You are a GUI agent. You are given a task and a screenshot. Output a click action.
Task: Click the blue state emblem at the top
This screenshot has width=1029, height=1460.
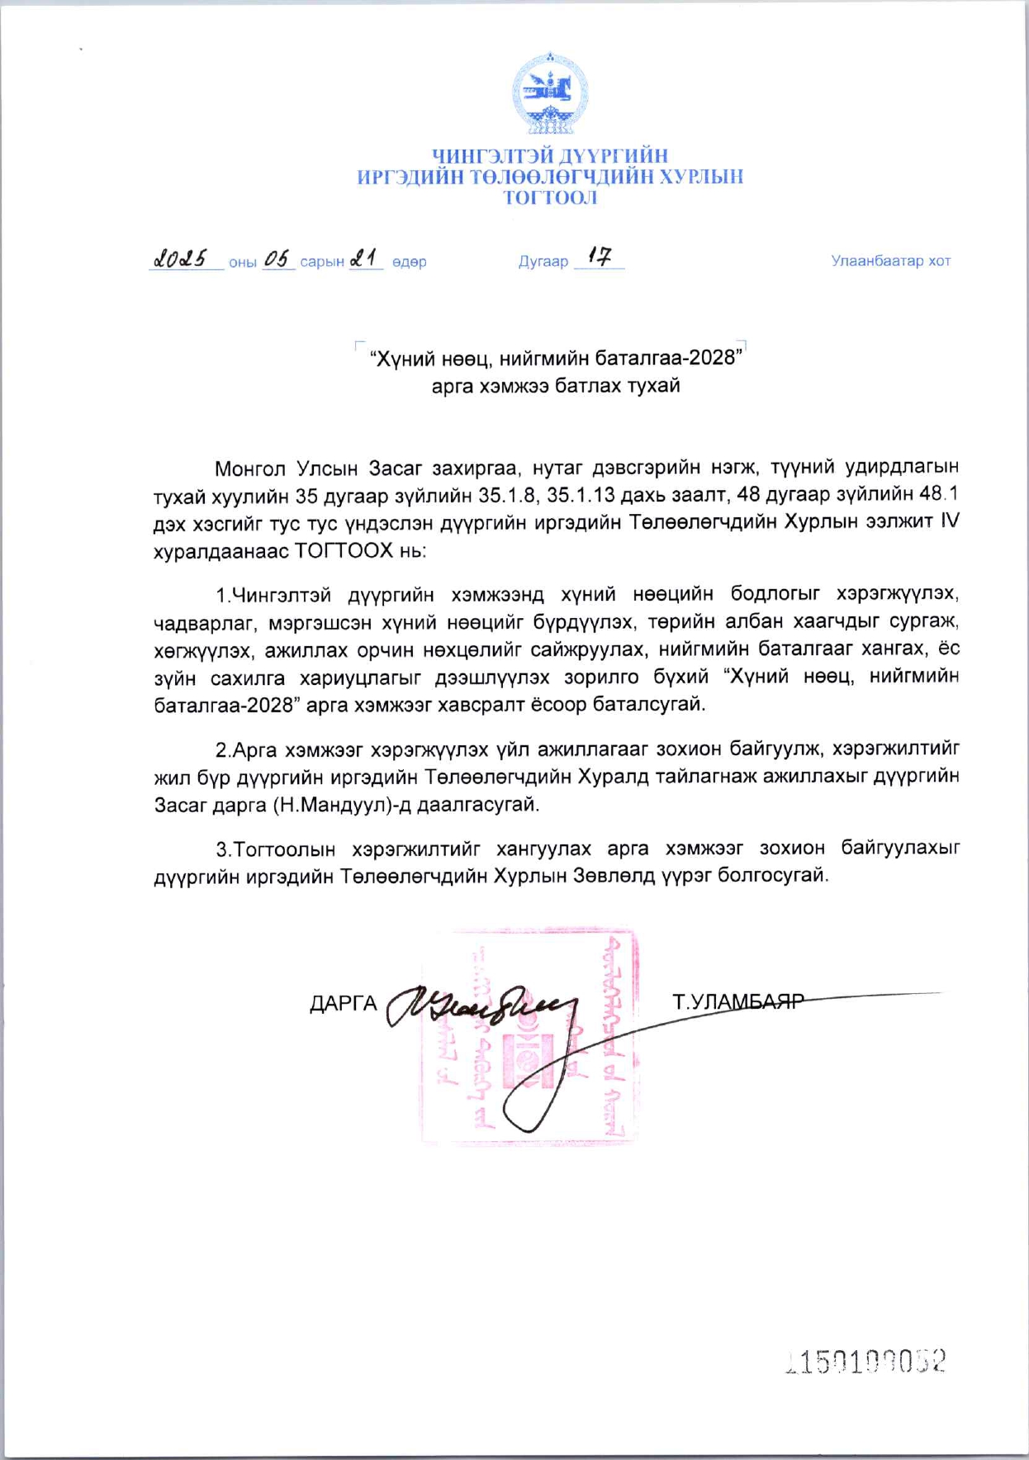click(549, 93)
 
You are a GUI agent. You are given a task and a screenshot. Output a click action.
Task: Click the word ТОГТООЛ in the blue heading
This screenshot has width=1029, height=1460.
click(550, 198)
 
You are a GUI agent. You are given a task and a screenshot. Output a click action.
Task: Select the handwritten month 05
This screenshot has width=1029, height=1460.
click(278, 259)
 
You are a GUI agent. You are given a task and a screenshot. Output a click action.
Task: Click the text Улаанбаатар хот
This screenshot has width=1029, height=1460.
click(890, 261)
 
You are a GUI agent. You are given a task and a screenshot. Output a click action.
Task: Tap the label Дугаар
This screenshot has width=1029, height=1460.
click(543, 262)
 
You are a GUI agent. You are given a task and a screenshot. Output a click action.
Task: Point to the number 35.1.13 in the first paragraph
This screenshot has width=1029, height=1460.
click(581, 495)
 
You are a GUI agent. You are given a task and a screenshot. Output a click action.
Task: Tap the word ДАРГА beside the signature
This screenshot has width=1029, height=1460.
click(343, 1004)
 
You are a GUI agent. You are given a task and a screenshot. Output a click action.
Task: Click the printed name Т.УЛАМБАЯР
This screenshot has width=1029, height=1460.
click(737, 1002)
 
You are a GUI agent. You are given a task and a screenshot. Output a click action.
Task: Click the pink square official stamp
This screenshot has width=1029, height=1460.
click(529, 1037)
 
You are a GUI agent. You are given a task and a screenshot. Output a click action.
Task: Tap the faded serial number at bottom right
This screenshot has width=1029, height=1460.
click(866, 1361)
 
